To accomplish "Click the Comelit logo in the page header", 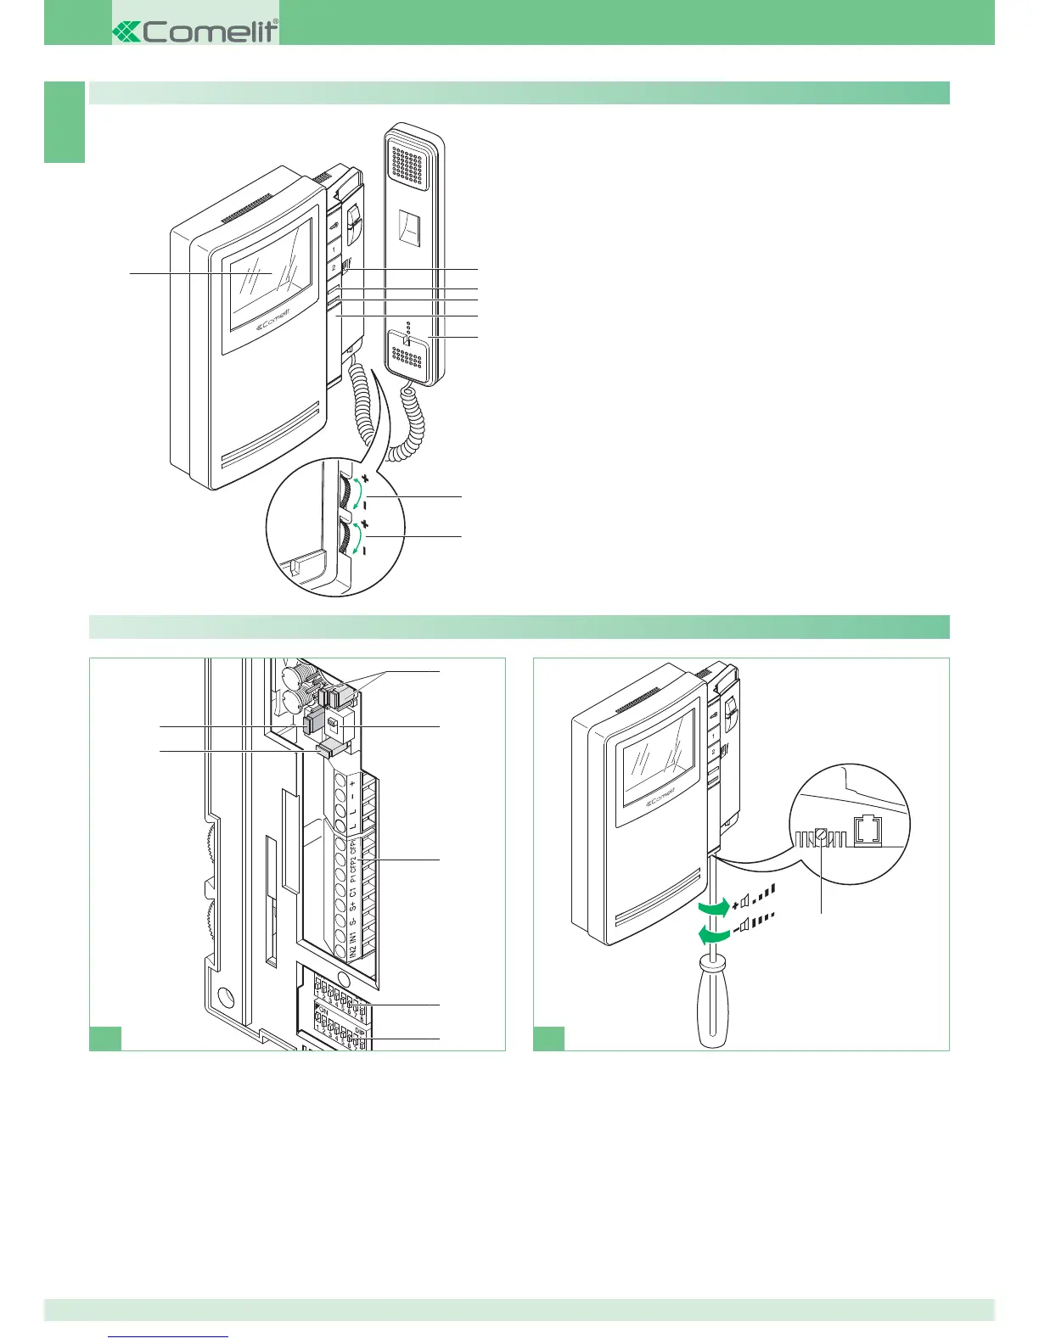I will [195, 31].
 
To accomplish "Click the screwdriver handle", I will [714, 1005].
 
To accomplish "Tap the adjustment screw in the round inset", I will [820, 835].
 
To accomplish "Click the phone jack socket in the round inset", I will [868, 831].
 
